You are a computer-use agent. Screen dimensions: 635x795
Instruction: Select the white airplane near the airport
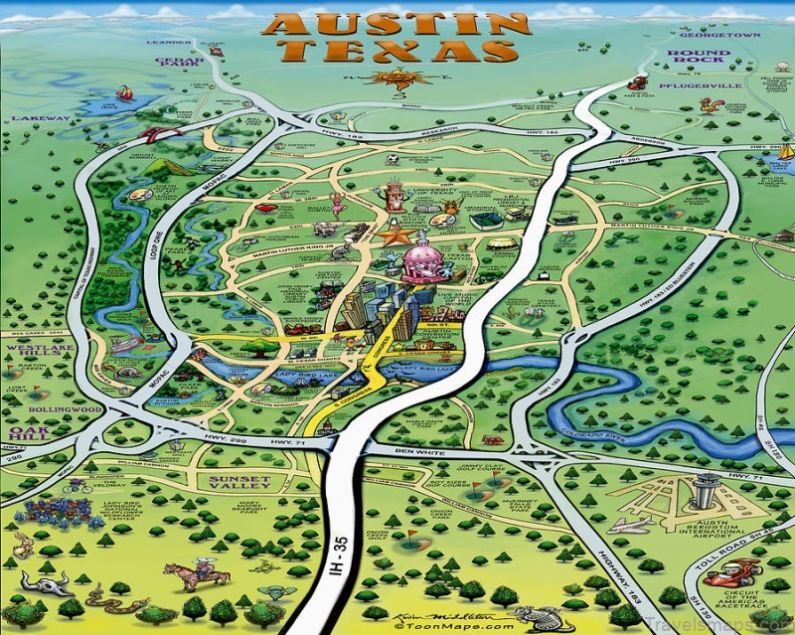tap(630, 524)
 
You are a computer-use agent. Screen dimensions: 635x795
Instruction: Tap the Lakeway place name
tap(40, 118)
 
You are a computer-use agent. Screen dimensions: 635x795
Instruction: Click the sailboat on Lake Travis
tap(124, 92)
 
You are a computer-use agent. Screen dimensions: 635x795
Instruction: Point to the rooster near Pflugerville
tap(711, 103)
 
